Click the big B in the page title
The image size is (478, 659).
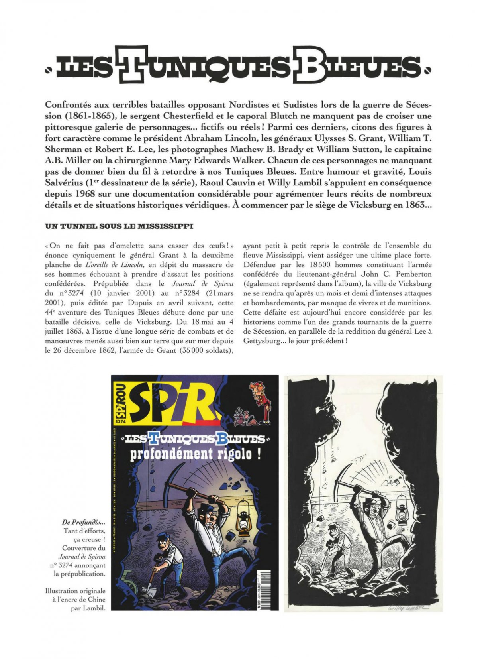coord(309,65)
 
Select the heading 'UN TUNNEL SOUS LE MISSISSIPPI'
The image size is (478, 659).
coord(119,226)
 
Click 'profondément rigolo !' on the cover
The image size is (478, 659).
coord(196,454)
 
